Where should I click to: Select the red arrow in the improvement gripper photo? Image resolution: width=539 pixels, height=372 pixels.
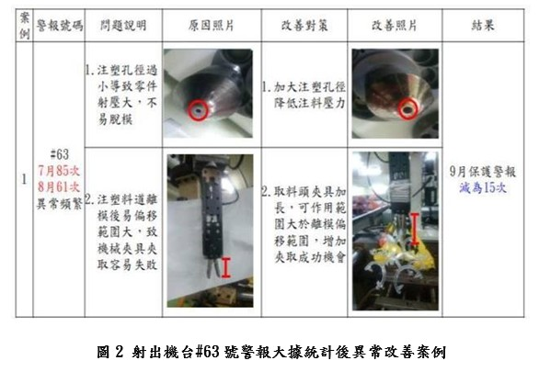pos(415,230)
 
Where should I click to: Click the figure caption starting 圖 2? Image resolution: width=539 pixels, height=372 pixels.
pos(269,351)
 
